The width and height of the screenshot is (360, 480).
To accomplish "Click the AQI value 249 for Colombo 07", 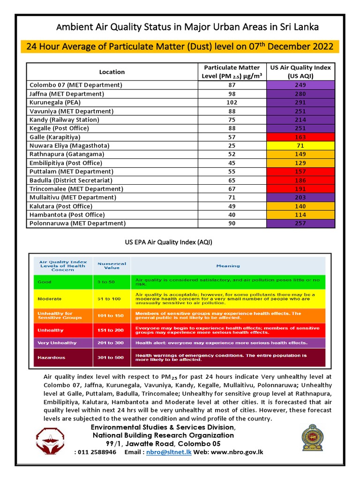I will point(300,85).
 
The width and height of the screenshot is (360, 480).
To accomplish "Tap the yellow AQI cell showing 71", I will point(300,146).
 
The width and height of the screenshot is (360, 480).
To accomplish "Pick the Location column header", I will point(112,72).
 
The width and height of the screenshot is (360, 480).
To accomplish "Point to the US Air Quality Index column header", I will point(300,72).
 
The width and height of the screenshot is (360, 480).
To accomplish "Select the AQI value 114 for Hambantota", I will point(300,215).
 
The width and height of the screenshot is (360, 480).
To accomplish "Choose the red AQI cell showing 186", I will point(300,180).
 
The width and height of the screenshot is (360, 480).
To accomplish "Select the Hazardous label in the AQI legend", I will point(52,358).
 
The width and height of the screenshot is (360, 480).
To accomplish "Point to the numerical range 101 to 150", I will point(112,315).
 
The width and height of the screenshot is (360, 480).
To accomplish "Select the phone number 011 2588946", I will point(97,452).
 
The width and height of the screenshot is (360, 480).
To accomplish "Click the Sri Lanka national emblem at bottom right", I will point(312,438).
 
